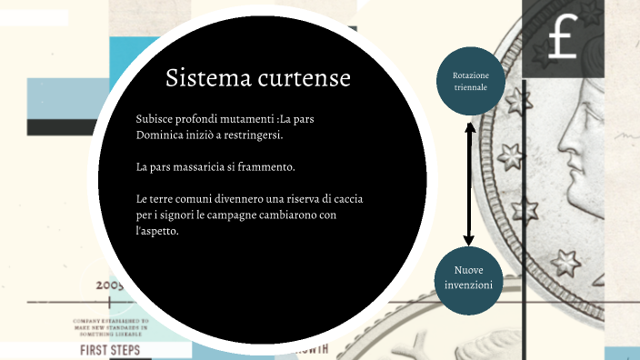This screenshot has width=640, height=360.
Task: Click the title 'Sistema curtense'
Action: tap(258, 78)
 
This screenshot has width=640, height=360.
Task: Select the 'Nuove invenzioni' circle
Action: tap(468, 278)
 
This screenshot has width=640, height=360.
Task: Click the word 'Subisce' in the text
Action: tap(155, 119)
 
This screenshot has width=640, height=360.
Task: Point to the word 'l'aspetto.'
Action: tap(156, 231)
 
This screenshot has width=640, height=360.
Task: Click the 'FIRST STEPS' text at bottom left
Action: tap(111, 350)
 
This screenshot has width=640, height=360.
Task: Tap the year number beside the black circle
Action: tap(107, 285)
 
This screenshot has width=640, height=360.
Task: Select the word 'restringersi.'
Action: tap(254, 135)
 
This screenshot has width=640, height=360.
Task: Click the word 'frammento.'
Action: tap(290, 167)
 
